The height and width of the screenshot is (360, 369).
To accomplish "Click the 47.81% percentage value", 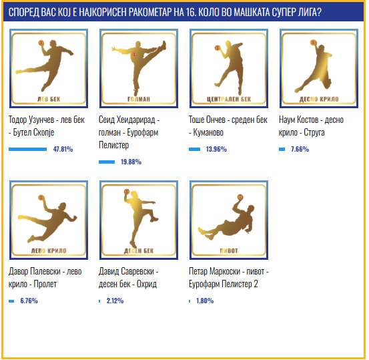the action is pyautogui.click(x=63, y=149).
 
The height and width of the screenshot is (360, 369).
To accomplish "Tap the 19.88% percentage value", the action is pyautogui.click(x=131, y=162).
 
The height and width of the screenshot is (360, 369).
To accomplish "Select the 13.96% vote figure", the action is pyautogui.click(x=216, y=149).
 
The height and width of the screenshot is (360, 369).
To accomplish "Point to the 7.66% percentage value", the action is pyautogui.click(x=300, y=149).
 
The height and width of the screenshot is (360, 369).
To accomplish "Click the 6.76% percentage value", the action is pyautogui.click(x=29, y=301).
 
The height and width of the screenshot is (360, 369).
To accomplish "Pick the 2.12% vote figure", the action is pyautogui.click(x=115, y=301).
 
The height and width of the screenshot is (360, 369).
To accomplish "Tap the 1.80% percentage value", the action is pyautogui.click(x=205, y=301).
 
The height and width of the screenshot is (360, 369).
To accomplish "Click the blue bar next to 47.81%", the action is pyautogui.click(x=28, y=150).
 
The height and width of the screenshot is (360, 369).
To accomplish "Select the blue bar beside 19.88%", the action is pyautogui.click(x=107, y=162).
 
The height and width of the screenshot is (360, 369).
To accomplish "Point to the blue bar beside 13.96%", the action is pyautogui.click(x=195, y=150).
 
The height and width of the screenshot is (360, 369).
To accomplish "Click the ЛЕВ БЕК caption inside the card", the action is pyautogui.click(x=49, y=100).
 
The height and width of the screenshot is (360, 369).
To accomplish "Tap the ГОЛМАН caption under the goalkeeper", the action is pyautogui.click(x=139, y=100).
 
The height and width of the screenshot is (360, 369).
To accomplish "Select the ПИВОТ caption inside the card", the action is pyautogui.click(x=229, y=251).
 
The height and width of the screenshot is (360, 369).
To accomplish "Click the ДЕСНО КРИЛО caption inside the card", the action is pyautogui.click(x=319, y=100).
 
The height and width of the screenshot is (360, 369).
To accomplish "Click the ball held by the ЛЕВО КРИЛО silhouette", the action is pyautogui.click(x=41, y=198).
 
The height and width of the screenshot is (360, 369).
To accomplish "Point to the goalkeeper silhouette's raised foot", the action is pyautogui.click(x=163, y=45).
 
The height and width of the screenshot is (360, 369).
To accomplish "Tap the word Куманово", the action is pyautogui.click(x=208, y=132).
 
